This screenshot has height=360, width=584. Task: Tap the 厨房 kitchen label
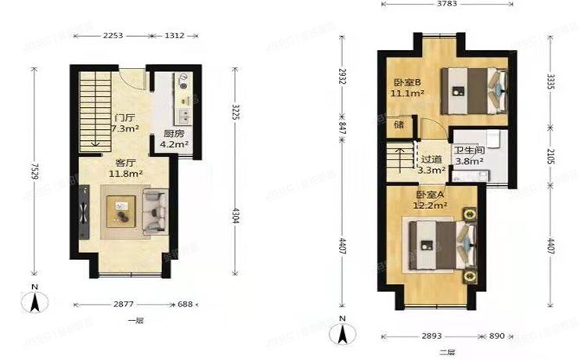point(174,133)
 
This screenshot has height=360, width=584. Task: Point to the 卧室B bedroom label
point(407,82)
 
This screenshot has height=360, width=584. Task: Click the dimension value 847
point(342,129)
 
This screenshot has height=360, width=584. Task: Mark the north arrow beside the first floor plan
point(34,300)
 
